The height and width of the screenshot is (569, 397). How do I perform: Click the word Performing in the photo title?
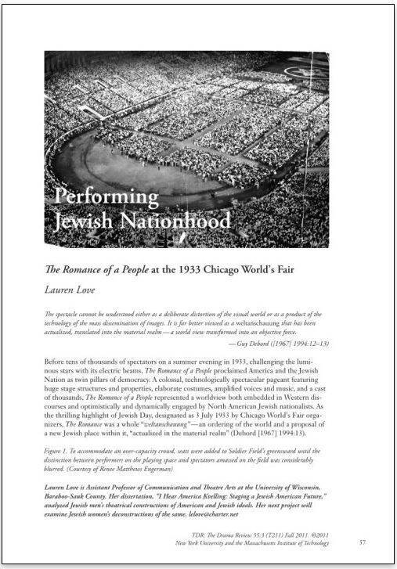coord(106,196)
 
